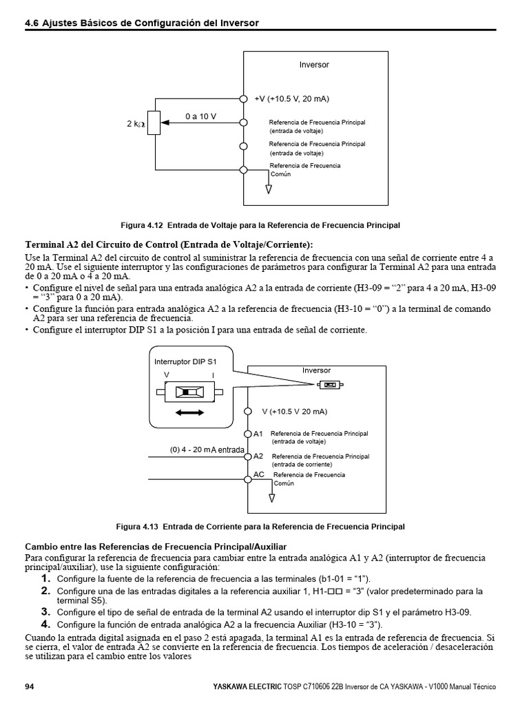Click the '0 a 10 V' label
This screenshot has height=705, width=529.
coord(200,116)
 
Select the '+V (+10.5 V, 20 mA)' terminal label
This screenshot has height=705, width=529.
coord(291,99)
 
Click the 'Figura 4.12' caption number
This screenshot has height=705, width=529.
coord(141,225)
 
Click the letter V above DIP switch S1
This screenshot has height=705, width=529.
coord(166,375)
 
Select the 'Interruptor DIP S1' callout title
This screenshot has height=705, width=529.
coord(185,361)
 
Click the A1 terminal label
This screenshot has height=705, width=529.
coord(258,434)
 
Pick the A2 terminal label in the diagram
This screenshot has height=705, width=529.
coord(258,456)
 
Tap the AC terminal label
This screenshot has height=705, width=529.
coord(259,474)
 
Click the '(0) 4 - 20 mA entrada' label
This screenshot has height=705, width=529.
coord(207,450)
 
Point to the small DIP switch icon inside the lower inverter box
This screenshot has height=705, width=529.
coord(331,385)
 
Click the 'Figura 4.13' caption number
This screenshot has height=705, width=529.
coord(138,527)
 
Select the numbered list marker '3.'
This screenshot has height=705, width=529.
coord(45,611)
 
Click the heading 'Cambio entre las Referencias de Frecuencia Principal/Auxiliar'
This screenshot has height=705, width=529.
coord(155,546)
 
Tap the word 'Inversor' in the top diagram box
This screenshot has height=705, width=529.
coord(314,65)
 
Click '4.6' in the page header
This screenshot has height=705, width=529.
coord(31,23)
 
